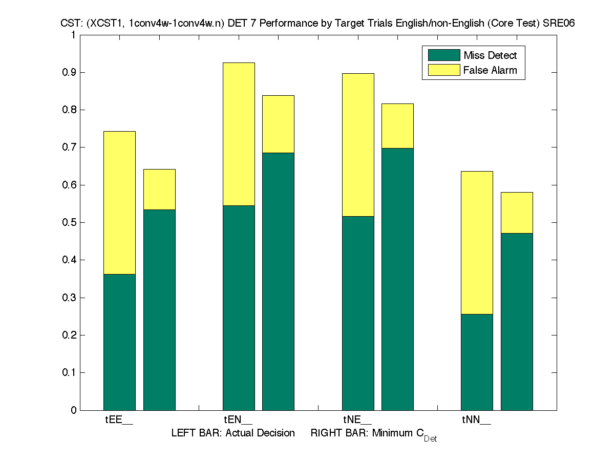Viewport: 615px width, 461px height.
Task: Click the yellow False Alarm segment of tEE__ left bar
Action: (119, 202)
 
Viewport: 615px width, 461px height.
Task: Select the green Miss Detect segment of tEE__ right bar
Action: (159, 309)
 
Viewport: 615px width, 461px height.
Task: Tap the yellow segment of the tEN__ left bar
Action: (239, 134)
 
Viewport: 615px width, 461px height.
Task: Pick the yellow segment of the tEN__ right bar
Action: (278, 124)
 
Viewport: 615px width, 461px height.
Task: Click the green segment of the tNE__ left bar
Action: (358, 313)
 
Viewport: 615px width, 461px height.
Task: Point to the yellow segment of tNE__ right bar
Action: (397, 125)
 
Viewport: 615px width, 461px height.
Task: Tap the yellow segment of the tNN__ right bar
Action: (517, 213)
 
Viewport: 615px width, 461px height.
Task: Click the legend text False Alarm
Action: (490, 70)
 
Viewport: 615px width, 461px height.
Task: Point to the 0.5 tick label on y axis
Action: (69, 222)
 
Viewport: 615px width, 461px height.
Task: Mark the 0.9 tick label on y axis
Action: (69, 72)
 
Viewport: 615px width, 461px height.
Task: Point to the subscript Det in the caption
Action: (430, 439)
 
